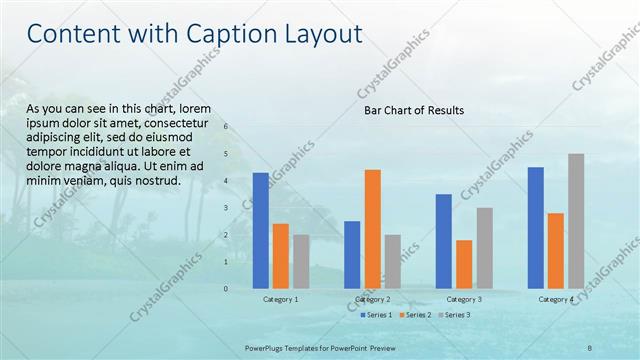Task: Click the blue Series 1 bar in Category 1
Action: pyautogui.click(x=261, y=230)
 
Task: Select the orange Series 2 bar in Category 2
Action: pyautogui.click(x=372, y=228)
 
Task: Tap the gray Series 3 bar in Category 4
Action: pyautogui.click(x=576, y=220)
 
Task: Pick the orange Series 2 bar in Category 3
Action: pyautogui.click(x=464, y=264)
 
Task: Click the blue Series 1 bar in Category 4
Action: pyautogui.click(x=536, y=227)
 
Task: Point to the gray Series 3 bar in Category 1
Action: pyautogui.click(x=301, y=261)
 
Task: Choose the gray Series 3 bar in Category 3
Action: pyautogui.click(x=484, y=247)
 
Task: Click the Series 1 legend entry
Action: pyautogui.click(x=377, y=315)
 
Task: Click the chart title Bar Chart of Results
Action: pyautogui.click(x=413, y=110)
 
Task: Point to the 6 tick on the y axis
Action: pyautogui.click(x=226, y=127)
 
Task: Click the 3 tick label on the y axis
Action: pyautogui.click(x=226, y=208)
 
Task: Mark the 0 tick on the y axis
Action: pyautogui.click(x=226, y=289)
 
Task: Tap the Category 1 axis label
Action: pyautogui.click(x=281, y=299)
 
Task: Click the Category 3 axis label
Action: pyautogui.click(x=464, y=299)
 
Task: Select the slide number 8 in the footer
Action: pyautogui.click(x=590, y=347)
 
